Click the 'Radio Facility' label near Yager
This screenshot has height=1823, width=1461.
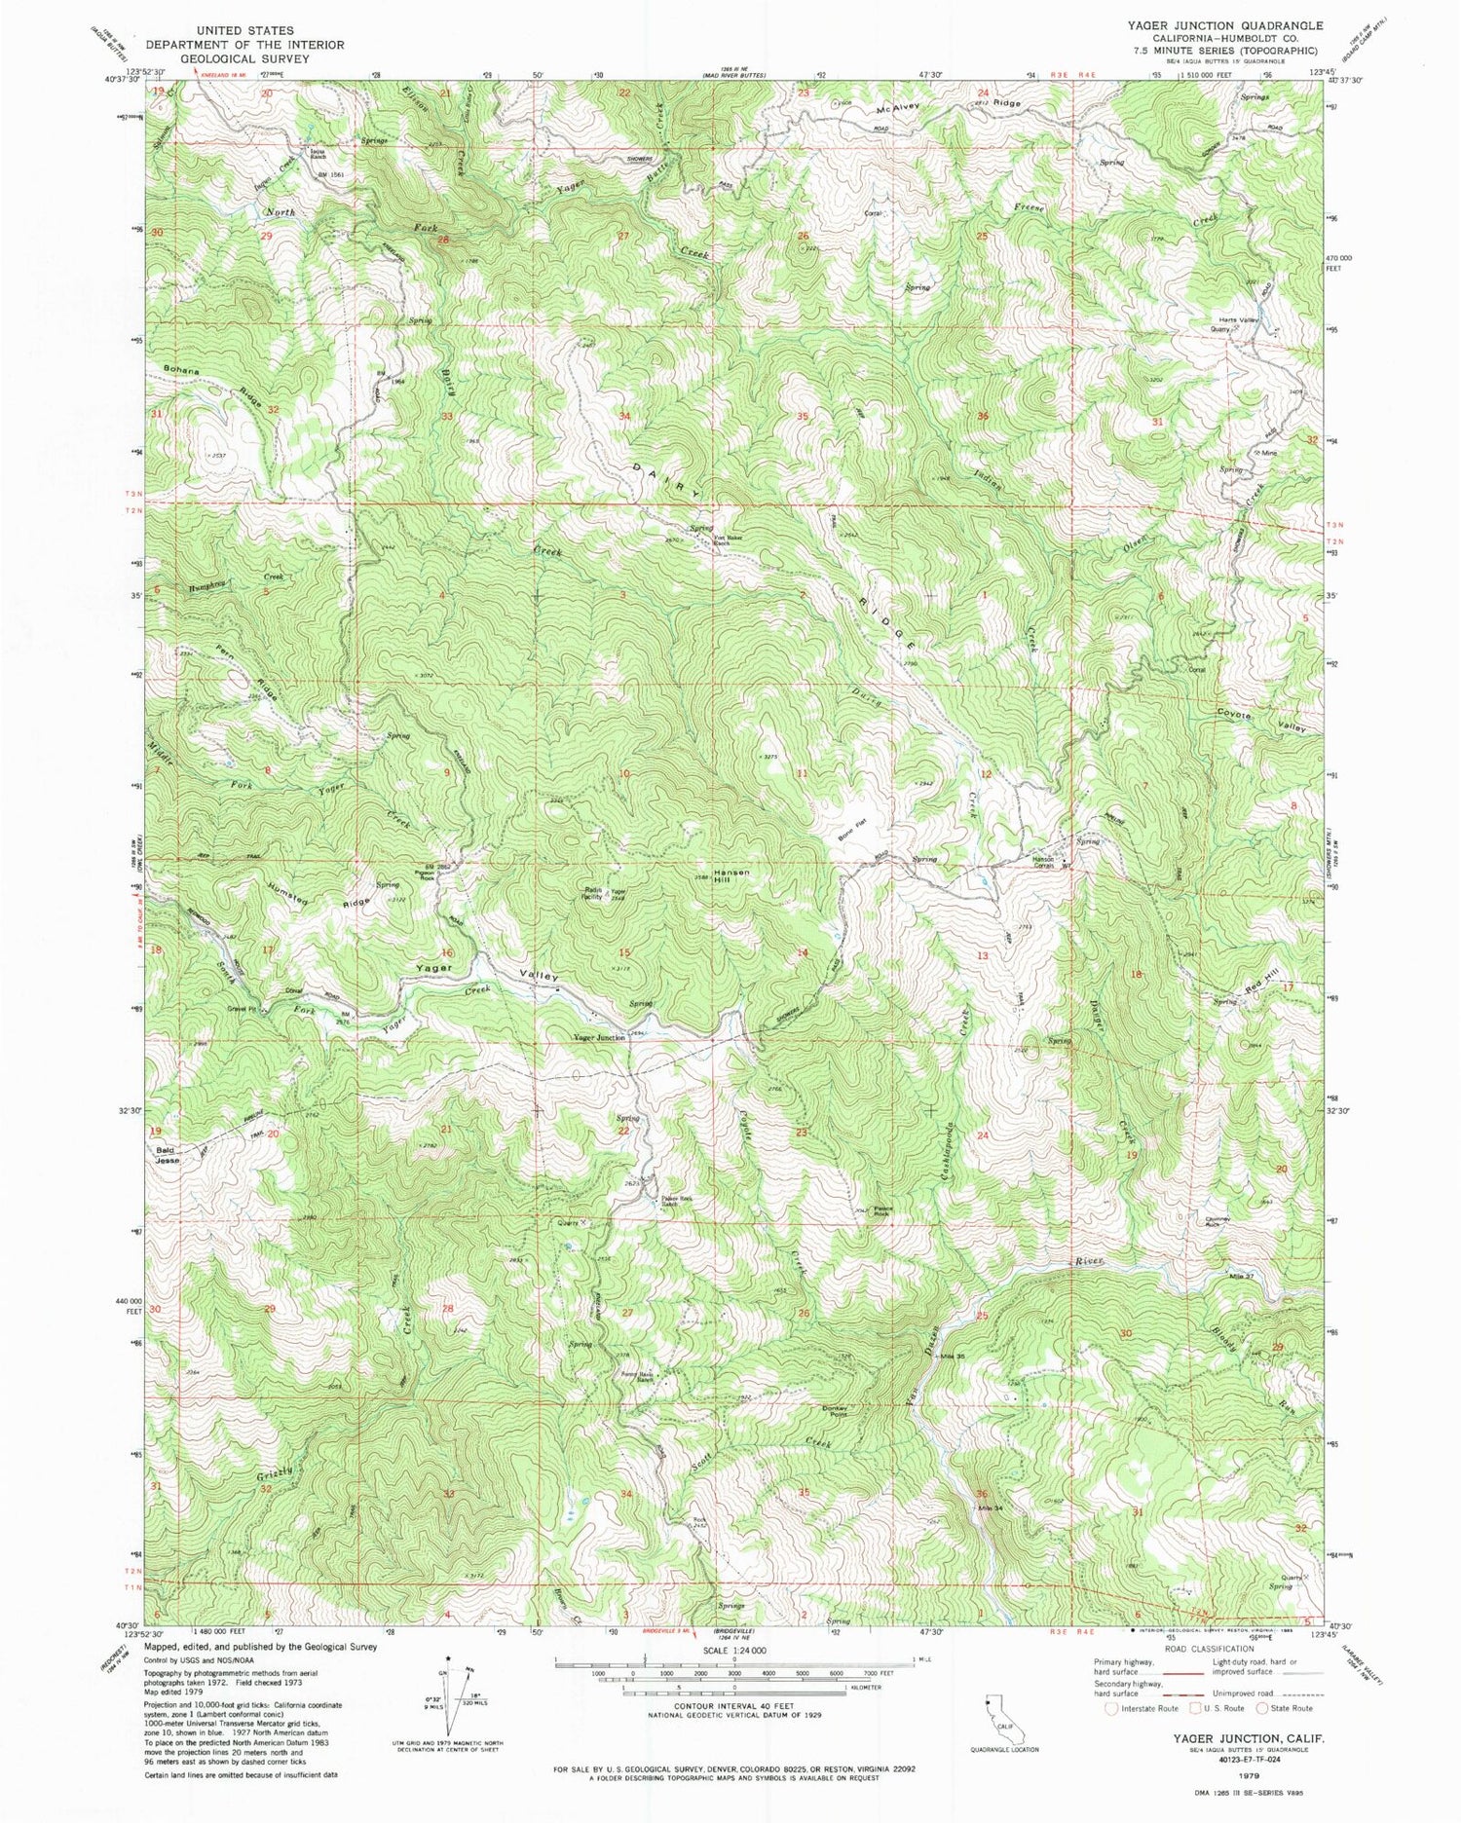coord(593,892)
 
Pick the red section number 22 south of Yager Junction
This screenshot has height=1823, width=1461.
coord(623,1131)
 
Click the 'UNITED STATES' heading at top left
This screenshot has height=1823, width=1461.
coord(244,31)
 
